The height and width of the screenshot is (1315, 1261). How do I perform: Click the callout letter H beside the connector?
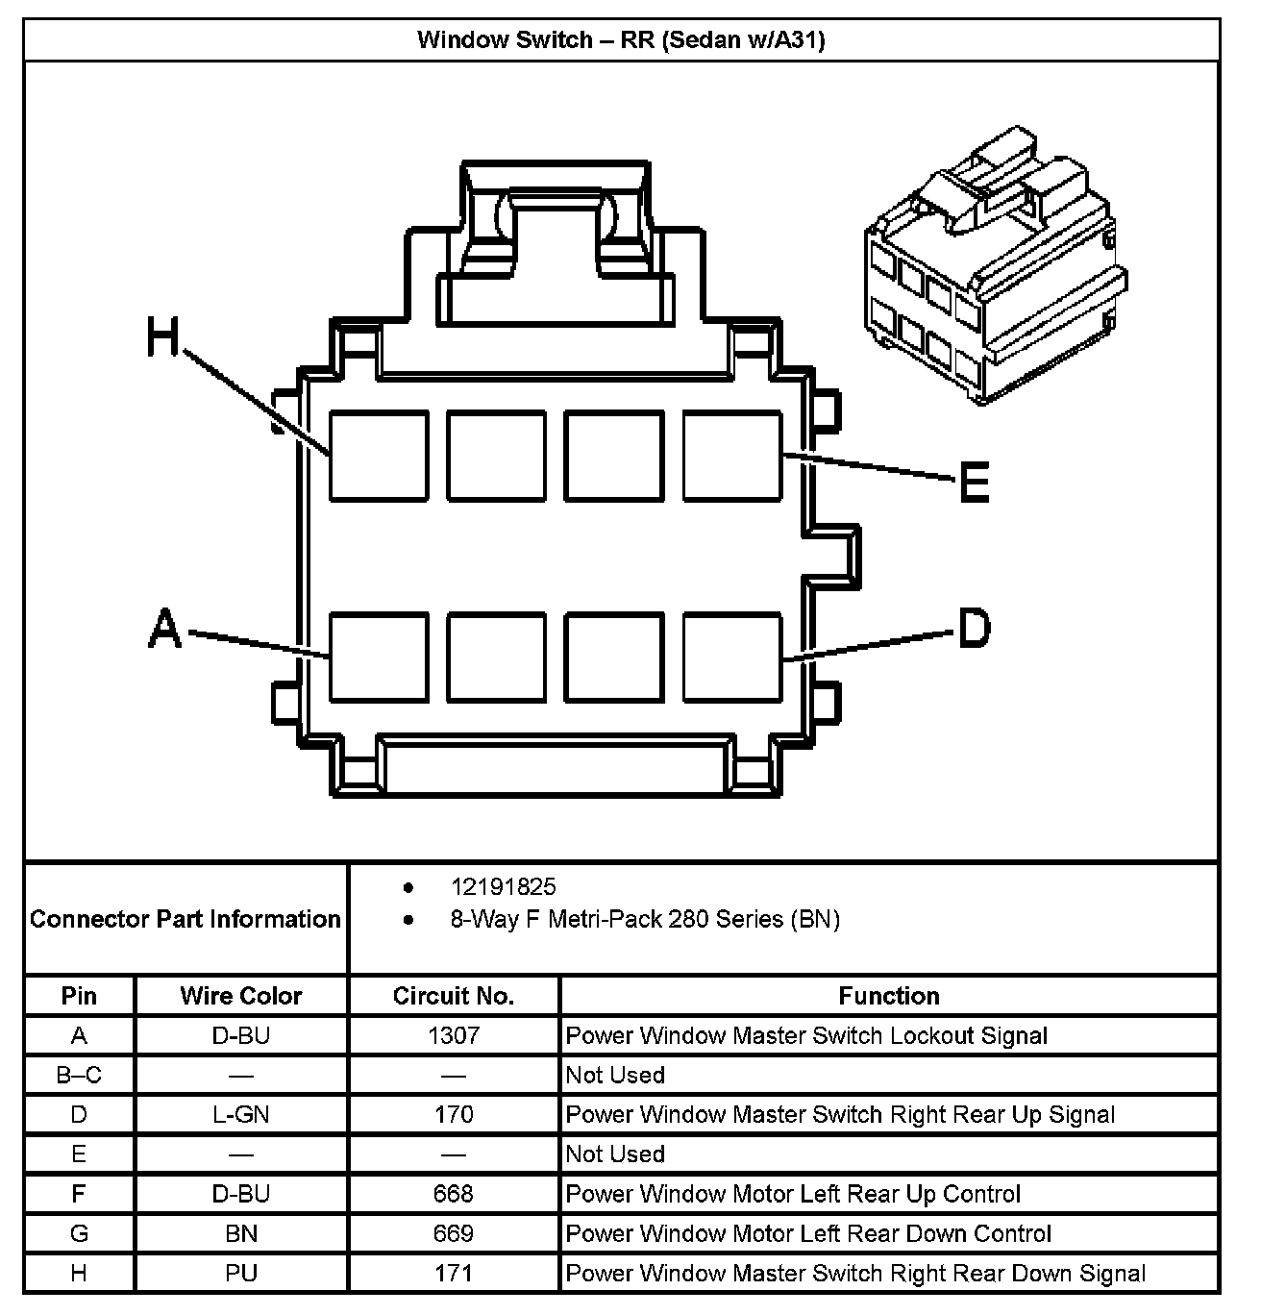(163, 337)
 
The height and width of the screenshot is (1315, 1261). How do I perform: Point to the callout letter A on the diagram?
(164, 630)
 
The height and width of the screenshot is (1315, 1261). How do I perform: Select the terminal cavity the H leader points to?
(379, 456)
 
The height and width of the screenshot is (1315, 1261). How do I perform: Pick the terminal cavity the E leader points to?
(731, 456)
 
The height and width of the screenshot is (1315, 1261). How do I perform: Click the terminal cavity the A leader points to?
(379, 657)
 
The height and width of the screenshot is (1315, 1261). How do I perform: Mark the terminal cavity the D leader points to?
(731, 657)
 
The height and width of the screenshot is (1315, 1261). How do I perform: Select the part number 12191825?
(503, 886)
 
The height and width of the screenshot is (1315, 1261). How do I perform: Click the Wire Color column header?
(240, 996)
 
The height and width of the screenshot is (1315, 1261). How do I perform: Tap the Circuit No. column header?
(453, 996)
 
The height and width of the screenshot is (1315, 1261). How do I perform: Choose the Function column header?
(888, 996)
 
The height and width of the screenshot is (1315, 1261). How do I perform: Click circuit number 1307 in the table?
(453, 1035)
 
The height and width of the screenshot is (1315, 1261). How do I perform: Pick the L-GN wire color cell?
(240, 1114)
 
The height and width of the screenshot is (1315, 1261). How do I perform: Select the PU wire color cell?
(240, 1273)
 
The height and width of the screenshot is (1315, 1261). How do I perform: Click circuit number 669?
(453, 1233)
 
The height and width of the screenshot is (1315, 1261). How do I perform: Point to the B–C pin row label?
(79, 1075)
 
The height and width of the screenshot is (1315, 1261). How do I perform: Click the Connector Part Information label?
(185, 919)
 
